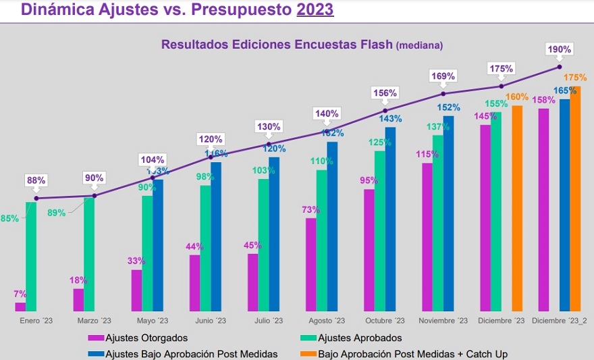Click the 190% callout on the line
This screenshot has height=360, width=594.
[560, 49]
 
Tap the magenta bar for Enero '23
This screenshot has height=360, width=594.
[20, 307]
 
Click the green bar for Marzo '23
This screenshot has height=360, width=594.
[89, 254]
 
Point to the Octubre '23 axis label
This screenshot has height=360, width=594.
[385, 321]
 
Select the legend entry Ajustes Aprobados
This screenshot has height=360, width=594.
[359, 338]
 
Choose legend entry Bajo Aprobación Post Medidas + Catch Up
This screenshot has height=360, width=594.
[412, 353]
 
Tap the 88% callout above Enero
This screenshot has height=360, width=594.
[36, 180]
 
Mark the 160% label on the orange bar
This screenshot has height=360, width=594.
[517, 97]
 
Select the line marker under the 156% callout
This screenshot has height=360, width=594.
[385, 110]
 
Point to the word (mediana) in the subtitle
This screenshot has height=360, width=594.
[419, 46]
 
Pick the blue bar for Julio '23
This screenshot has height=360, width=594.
[274, 234]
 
